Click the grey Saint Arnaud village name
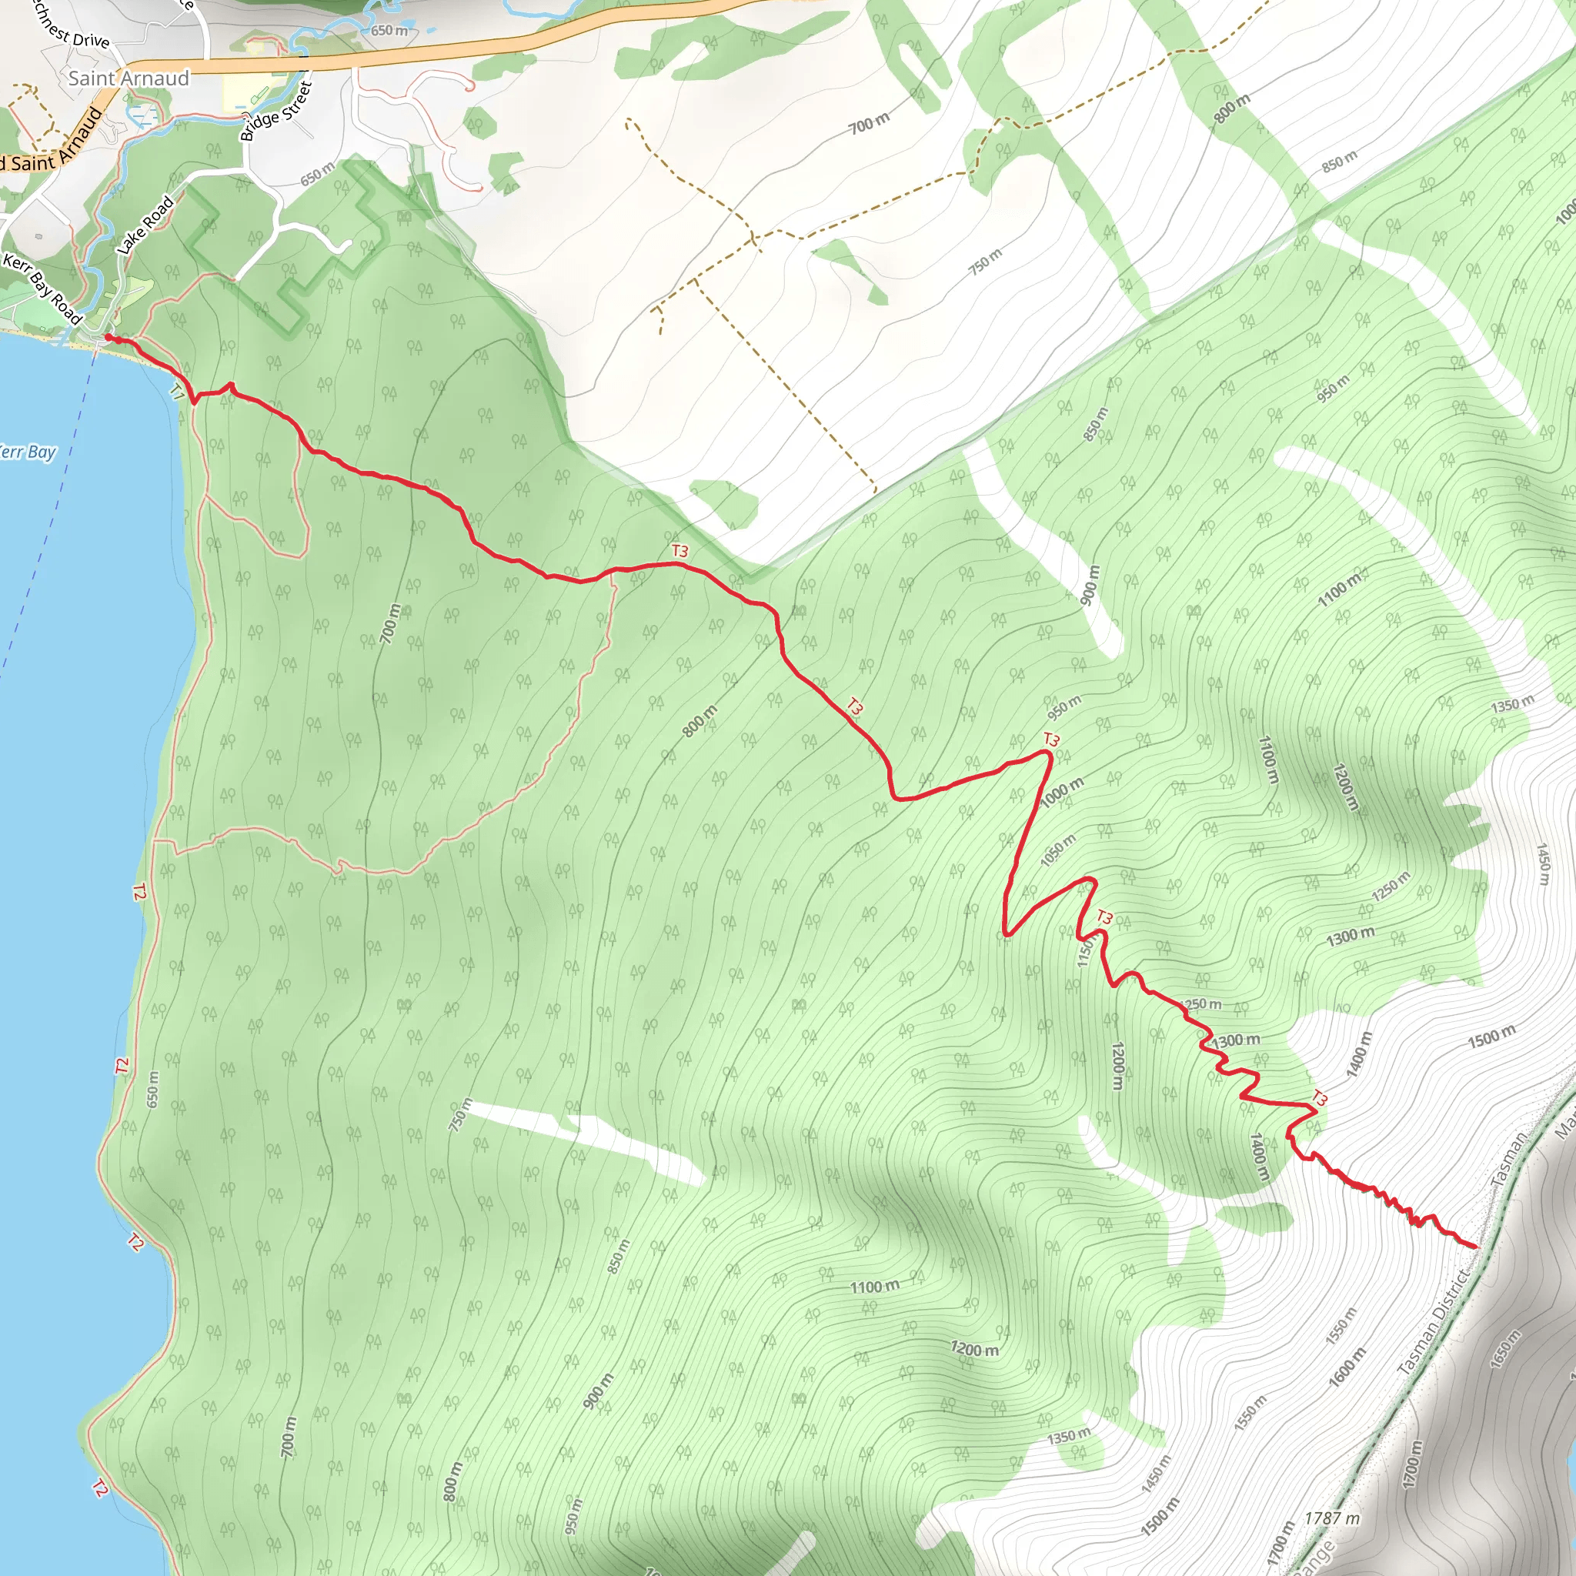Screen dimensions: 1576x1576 129,78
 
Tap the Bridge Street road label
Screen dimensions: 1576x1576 276,112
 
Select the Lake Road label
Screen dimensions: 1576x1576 145,226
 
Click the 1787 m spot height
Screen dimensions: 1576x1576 1332,1519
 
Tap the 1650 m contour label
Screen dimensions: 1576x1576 1505,1350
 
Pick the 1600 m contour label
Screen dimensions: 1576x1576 1347,1367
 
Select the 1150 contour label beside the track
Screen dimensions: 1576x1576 1084,951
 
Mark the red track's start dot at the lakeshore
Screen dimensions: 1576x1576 109,337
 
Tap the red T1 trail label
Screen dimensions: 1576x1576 177,392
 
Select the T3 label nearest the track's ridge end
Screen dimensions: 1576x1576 1319,1099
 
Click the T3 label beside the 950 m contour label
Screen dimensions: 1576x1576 1051,740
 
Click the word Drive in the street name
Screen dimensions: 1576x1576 91,40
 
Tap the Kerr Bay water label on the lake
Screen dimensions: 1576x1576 28,452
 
